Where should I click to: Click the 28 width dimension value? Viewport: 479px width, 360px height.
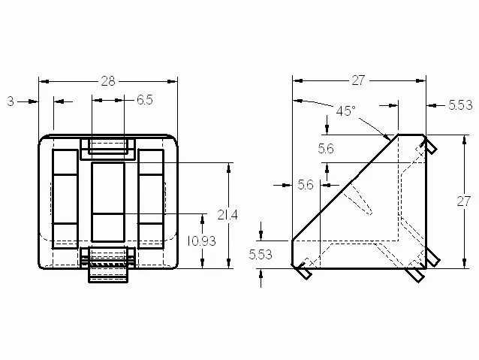click(108, 81)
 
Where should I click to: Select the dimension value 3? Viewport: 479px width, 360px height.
click(11, 101)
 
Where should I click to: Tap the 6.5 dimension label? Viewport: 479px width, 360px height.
click(144, 100)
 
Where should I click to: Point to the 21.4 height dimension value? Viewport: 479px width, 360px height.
click(227, 215)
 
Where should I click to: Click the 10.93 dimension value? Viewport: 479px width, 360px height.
click(201, 241)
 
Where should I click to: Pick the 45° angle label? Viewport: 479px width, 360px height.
click(346, 110)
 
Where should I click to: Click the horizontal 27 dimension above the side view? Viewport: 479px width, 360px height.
click(358, 80)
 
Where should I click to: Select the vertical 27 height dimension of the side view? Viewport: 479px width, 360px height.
click(464, 201)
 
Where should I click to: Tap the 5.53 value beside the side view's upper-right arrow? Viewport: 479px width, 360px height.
click(460, 105)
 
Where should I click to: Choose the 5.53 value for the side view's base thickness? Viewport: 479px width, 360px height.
click(261, 255)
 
